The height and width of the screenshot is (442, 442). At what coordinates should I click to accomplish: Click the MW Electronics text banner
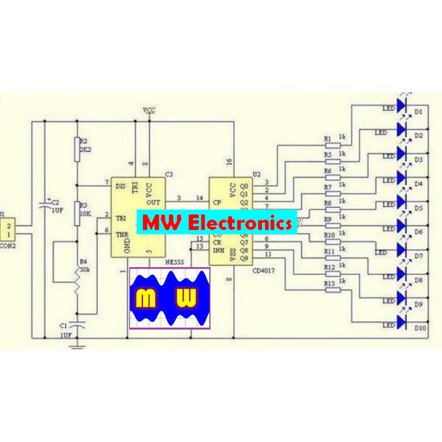[x=216, y=223]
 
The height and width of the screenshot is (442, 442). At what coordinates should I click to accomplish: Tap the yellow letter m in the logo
[x=145, y=298]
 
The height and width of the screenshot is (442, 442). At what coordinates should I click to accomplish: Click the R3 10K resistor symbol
[x=78, y=213]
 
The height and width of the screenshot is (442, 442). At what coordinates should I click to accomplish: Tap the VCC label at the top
[x=149, y=109]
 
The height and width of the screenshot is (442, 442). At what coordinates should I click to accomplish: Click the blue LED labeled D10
[x=402, y=322]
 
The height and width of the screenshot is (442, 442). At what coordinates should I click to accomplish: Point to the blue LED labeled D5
[x=402, y=202]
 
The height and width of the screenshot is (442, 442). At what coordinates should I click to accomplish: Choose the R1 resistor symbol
[x=332, y=144]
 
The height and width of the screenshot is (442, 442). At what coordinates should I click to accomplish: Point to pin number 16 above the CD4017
[x=229, y=161]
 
